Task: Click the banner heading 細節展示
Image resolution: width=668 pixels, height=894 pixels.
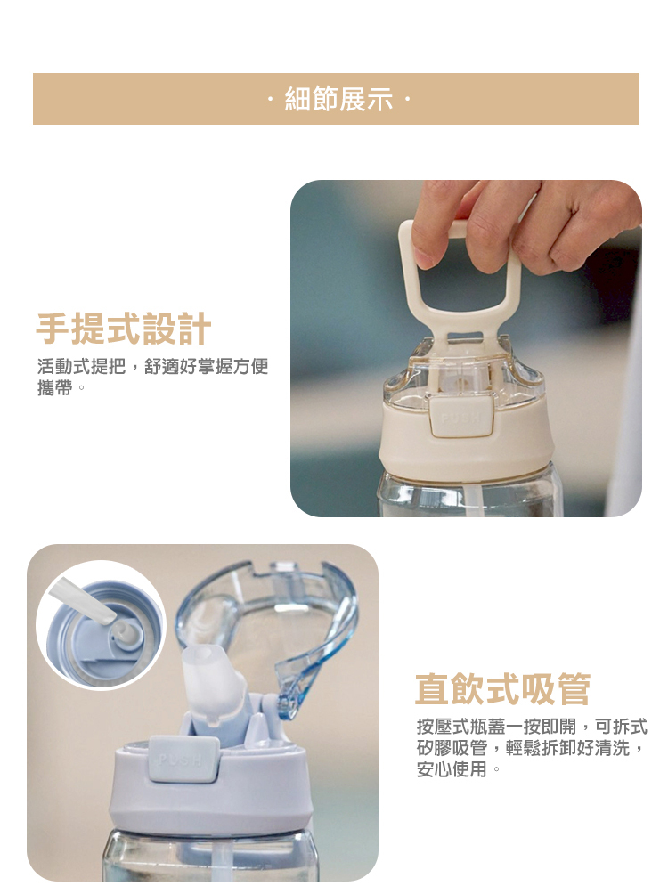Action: coord(338,99)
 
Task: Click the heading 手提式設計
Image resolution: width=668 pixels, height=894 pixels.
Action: coord(123,329)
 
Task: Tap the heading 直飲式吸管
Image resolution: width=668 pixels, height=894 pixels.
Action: coord(502,689)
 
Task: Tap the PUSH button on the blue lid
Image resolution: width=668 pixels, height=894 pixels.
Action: coord(183,760)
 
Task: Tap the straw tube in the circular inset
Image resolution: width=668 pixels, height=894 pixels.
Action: coord(83,602)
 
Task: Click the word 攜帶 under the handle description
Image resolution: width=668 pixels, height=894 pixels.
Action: coord(54,387)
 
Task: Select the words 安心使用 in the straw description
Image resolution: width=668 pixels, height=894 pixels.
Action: coord(452,769)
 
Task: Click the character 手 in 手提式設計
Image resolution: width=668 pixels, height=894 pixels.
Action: coord(53,329)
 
